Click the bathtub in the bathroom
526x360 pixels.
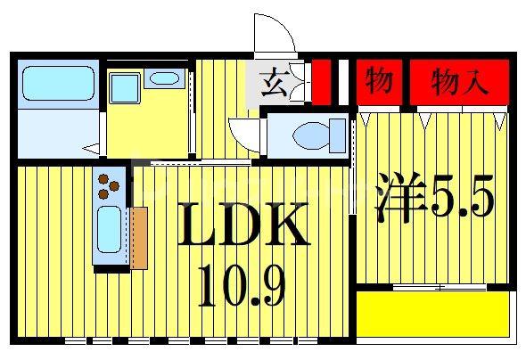pyautogui.click(x=58, y=84)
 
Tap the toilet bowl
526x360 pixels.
pyautogui.click(x=311, y=135)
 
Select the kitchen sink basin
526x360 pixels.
pyautogui.click(x=109, y=230)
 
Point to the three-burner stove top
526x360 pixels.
pyautogui.click(x=108, y=186)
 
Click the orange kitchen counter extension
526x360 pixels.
pyautogui.click(x=139, y=238)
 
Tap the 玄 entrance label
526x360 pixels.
pyautogui.click(x=274, y=82)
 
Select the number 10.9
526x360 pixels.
pyautogui.click(x=242, y=285)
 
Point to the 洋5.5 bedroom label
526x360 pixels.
pyautogui.click(x=435, y=197)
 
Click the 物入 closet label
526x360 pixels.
pyautogui.click(x=459, y=81)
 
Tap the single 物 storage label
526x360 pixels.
pyautogui.click(x=379, y=81)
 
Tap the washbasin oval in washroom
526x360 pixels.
pyautogui.click(x=164, y=78)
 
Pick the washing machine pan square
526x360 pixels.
pyautogui.click(x=125, y=89)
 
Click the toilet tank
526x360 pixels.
pyautogui.click(x=338, y=135)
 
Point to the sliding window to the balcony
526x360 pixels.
pyautogui.click(x=440, y=287)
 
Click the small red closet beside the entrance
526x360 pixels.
pyautogui.click(x=321, y=82)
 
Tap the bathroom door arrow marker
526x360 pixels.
pyautogui.click(x=91, y=148)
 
